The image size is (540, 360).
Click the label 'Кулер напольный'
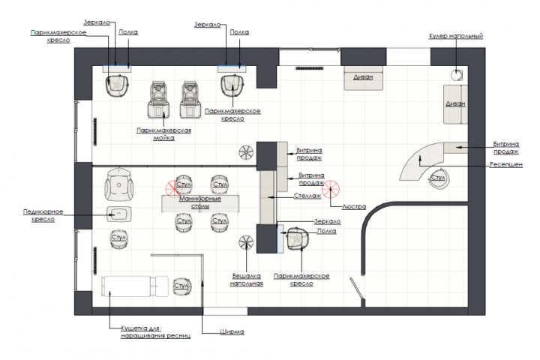456,36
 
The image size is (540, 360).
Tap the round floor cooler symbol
457,75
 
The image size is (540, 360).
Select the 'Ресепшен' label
506,165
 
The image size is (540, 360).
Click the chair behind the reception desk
438,178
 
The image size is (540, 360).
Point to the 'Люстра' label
354,207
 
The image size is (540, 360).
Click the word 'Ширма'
232,331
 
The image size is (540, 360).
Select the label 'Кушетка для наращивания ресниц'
155,331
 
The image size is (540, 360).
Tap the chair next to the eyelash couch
181,286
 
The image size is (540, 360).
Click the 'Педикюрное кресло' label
43,215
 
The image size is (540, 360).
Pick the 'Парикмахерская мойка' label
163,134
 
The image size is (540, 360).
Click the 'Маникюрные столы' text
200,202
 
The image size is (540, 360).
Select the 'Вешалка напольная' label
246,280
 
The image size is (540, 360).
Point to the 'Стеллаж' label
307,196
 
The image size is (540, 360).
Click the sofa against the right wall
455,104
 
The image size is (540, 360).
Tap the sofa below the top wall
363,78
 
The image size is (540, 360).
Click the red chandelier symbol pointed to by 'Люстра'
331,189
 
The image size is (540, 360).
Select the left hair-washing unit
158,100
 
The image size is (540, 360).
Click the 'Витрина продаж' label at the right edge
506,148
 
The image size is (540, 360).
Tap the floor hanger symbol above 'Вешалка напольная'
246,242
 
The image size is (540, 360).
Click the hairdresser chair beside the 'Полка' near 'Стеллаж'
298,238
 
